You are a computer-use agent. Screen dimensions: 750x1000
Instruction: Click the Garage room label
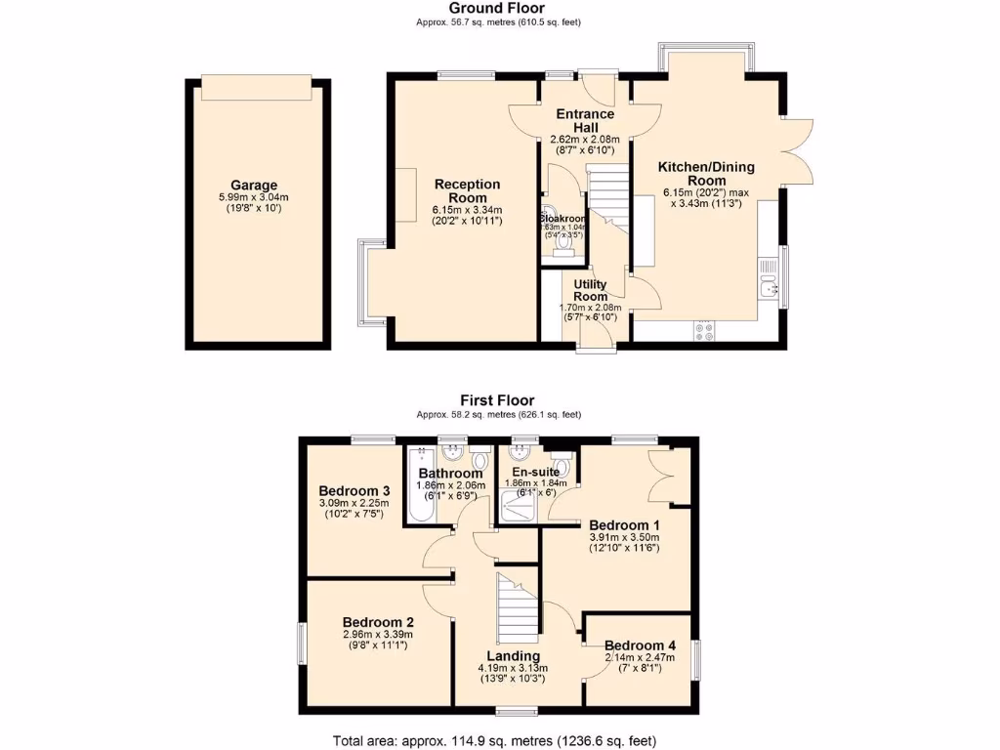254,185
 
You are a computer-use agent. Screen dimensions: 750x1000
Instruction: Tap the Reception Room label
468,190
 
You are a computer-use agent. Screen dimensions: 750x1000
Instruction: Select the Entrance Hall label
585,120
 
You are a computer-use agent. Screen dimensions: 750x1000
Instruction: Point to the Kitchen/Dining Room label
705,173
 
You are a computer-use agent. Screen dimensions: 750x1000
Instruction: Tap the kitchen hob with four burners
703,331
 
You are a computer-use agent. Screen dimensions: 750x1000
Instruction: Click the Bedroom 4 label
639,646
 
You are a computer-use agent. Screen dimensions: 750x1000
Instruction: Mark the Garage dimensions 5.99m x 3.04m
254,197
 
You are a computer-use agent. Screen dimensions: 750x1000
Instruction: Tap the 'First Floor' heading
498,400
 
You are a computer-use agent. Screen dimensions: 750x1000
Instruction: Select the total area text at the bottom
500,740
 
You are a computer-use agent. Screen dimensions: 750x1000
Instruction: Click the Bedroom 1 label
624,524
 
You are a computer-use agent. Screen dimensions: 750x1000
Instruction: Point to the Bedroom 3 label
354,490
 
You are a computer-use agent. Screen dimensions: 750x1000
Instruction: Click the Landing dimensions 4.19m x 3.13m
513,668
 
